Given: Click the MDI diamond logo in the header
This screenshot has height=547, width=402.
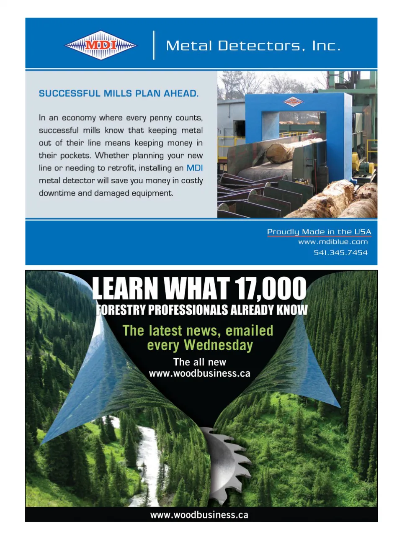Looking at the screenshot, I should pyautogui.click(x=100, y=45).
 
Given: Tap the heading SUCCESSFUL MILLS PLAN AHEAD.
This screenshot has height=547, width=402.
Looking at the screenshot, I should pyautogui.click(x=119, y=93).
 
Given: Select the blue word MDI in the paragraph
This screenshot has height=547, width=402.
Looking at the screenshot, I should pyautogui.click(x=194, y=168).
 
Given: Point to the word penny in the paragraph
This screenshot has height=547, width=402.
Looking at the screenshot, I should pyautogui.click(x=160, y=118).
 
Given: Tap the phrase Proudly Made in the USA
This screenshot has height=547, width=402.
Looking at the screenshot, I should pyautogui.click(x=319, y=232).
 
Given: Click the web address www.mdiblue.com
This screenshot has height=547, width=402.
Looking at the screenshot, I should pyautogui.click(x=333, y=242).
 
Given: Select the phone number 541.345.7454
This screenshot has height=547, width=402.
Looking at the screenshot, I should pyautogui.click(x=340, y=252).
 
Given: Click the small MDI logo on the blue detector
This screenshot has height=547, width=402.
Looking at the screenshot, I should pyautogui.click(x=293, y=101).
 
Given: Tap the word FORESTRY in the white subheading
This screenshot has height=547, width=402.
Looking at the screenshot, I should pyautogui.click(x=121, y=310).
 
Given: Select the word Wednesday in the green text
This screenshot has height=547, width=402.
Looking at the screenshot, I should pyautogui.click(x=218, y=345).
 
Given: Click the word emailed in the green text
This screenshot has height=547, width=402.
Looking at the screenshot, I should pyautogui.click(x=249, y=331).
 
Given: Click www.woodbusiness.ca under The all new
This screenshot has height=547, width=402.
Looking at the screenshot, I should pyautogui.click(x=199, y=373).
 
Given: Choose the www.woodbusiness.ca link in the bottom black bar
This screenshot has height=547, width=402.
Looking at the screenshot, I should pyautogui.click(x=199, y=515).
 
